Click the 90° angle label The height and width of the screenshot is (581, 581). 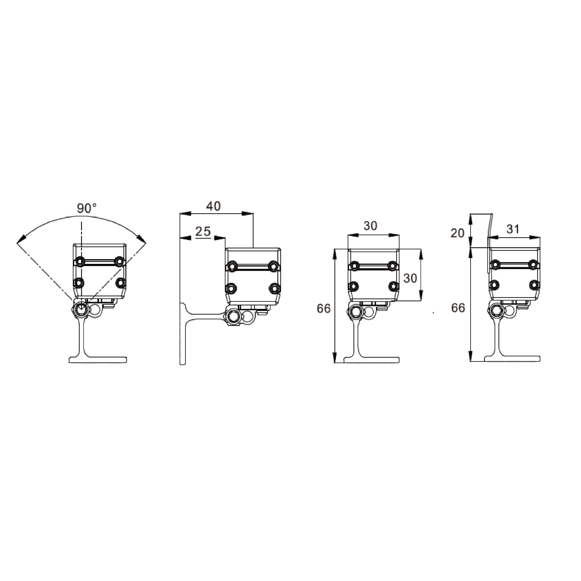tap(87, 208)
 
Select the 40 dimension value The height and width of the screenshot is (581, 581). tap(213, 206)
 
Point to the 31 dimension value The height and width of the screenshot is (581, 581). tap(513, 229)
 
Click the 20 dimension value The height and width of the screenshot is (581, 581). tap(457, 233)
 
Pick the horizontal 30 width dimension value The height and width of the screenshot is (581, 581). tap(370, 226)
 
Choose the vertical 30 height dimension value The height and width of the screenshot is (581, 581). tap(410, 278)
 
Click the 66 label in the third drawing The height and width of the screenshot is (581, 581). tap(324, 308)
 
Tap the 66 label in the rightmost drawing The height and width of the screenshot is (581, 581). tap(458, 308)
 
